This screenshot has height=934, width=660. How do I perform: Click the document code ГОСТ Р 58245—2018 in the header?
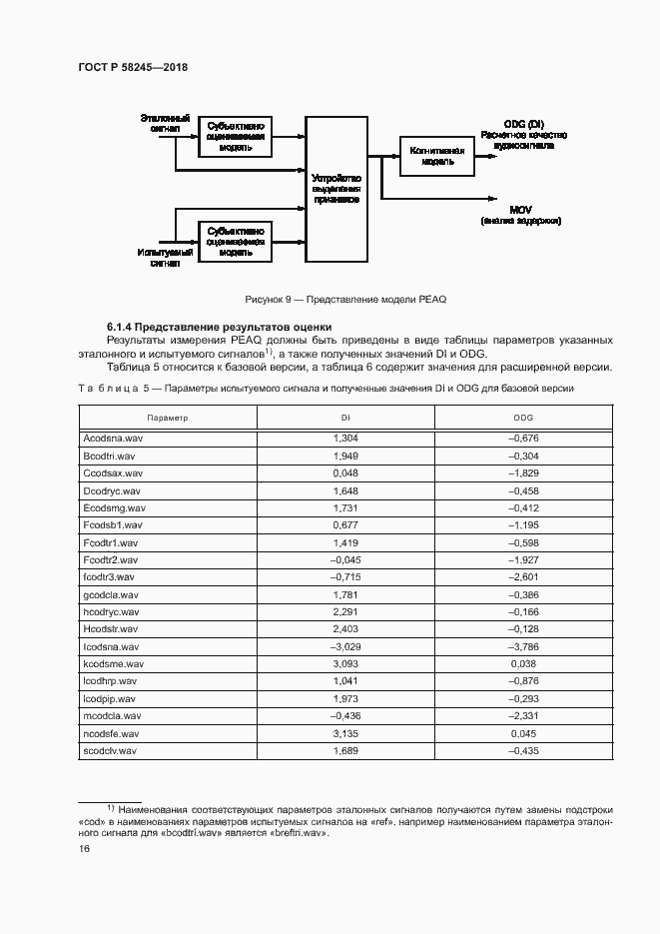(132, 67)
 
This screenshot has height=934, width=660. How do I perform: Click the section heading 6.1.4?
(220, 327)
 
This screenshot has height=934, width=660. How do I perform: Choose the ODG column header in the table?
(523, 417)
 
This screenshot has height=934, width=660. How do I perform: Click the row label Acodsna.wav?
(112, 438)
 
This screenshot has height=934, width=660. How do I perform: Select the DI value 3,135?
(343, 732)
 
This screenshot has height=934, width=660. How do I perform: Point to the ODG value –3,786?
(523, 646)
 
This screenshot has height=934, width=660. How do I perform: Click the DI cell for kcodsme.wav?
(343, 663)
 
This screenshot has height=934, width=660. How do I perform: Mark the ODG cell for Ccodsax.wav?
(523, 472)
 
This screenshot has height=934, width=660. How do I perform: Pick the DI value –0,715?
(343, 576)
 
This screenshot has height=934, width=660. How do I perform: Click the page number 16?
(84, 848)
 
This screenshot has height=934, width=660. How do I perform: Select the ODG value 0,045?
(523, 732)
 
